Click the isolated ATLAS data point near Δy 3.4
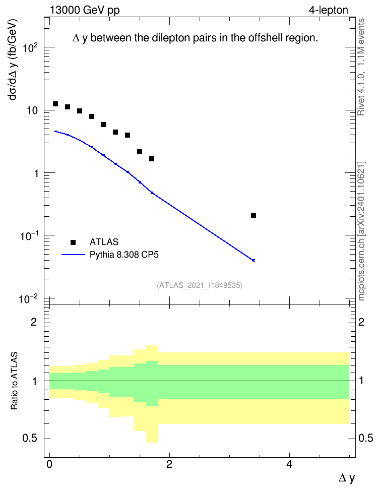pos(254,215)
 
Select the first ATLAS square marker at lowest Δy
pos(55,104)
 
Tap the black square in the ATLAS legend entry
pos(73,242)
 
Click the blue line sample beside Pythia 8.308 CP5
pos(74,255)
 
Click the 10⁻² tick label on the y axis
pos(28,299)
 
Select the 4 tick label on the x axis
pos(289,464)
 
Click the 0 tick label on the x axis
pos(49,464)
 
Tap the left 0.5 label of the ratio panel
pos(29,439)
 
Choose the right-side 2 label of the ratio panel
pos(361,322)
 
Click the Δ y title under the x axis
pos(347,478)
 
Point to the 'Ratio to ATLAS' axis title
pos(14,381)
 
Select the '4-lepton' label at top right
pos(329,10)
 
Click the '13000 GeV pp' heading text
pos(85,10)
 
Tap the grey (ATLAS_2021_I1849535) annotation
pos(200,285)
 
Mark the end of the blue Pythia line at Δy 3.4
pos(254,260)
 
